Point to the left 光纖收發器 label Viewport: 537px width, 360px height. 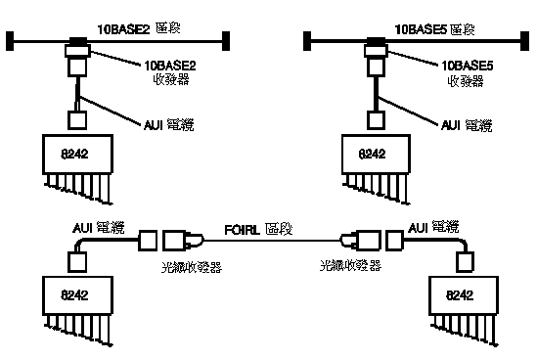tap(192, 265)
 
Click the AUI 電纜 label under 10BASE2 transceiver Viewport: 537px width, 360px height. tap(165, 126)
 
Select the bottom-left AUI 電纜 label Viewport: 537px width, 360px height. tap(99, 228)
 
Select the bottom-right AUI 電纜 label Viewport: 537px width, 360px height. tap(431, 228)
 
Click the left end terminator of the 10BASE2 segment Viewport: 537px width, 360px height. tap(10, 40)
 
